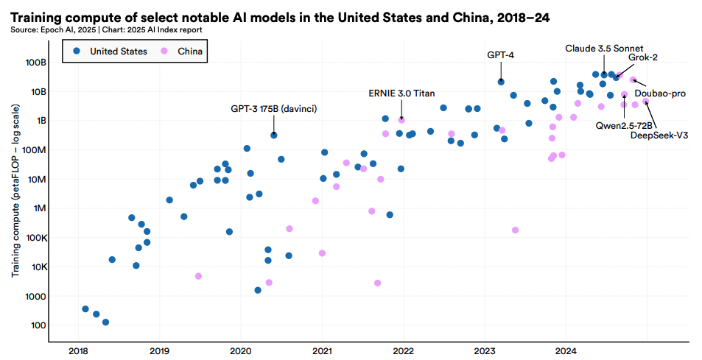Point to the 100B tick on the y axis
point(37,62)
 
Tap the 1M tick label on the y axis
point(40,208)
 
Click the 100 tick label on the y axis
point(39,325)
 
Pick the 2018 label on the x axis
point(77,350)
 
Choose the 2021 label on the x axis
point(322,350)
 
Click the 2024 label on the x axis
point(566,350)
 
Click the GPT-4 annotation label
point(501,55)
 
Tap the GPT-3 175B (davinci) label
point(273,109)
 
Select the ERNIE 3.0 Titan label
point(401,93)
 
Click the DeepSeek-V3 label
point(660,134)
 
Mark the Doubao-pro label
point(660,93)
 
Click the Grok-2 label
point(643,57)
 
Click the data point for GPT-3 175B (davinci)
point(274,135)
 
